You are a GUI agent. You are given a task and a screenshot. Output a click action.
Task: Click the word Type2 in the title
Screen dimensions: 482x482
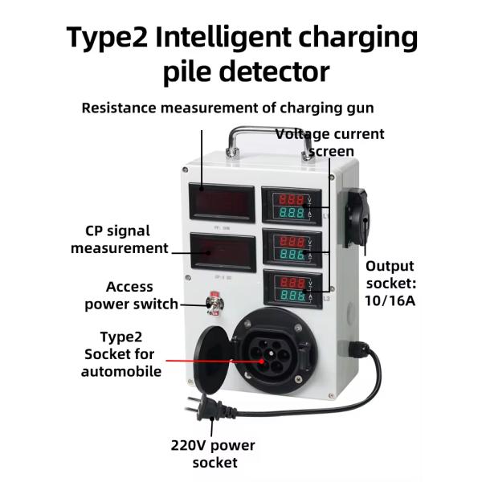click(x=112, y=38)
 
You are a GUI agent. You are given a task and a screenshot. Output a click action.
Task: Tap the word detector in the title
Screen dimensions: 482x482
click(x=273, y=71)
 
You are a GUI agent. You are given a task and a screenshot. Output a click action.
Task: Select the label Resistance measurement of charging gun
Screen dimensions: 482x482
click(x=228, y=108)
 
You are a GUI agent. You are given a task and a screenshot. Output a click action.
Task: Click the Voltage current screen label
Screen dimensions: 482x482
click(x=330, y=142)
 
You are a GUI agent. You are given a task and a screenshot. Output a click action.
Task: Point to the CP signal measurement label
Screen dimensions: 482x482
click(x=120, y=239)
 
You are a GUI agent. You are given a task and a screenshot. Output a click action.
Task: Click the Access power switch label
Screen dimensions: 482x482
click(x=129, y=295)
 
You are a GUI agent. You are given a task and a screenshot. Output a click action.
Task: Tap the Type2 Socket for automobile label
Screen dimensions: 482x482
click(x=121, y=354)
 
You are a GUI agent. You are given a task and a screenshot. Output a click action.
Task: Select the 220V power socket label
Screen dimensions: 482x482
click(x=213, y=454)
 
